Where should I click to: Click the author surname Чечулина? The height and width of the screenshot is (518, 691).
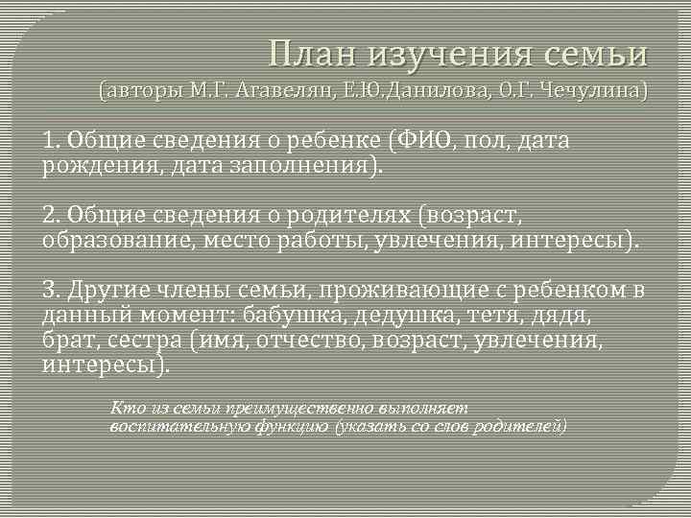click(x=592, y=92)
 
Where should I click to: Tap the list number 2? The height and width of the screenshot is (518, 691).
click(x=48, y=213)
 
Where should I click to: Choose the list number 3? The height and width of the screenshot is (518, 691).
click(x=48, y=290)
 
